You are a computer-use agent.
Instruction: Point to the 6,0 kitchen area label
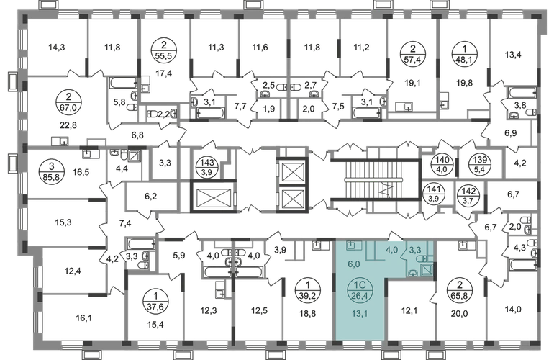353,264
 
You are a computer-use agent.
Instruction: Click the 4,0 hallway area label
391,251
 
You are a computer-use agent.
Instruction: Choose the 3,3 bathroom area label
416,251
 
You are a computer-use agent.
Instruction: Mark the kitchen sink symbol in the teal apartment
350,246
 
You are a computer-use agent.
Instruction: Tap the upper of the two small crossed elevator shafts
293,173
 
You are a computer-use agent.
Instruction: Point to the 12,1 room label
410,311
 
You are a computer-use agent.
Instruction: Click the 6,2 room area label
150,194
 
